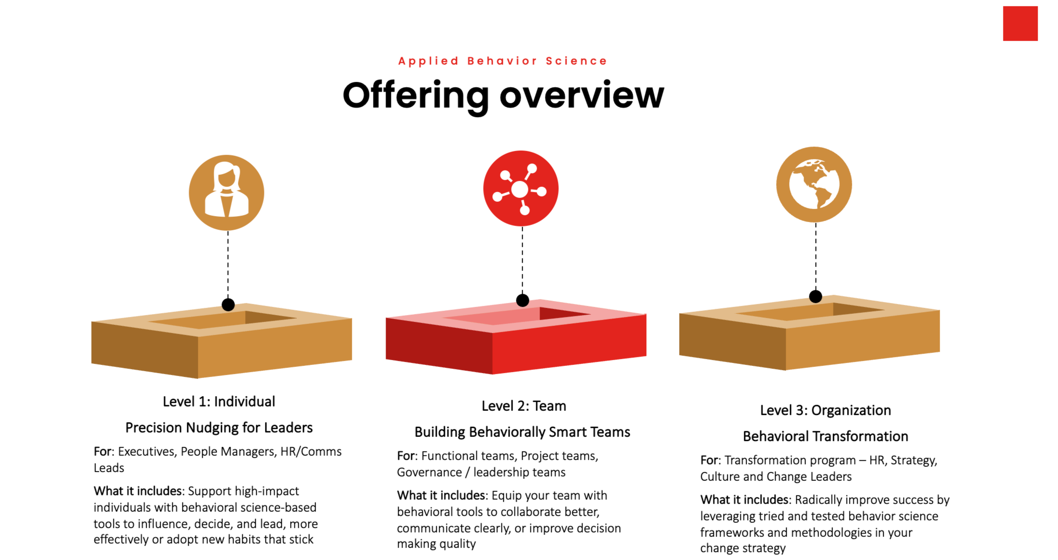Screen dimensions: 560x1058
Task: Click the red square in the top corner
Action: pos(1020,24)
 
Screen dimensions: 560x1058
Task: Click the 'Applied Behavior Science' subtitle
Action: pos(502,61)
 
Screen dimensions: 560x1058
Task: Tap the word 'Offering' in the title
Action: pos(416,95)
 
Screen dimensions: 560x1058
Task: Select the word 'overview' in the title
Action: pos(582,95)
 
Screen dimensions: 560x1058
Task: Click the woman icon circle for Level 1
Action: pos(226,192)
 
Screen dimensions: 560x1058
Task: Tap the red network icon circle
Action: pos(521,188)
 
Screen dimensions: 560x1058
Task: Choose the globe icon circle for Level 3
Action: pos(814,184)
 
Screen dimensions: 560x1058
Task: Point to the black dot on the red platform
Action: pos(522,300)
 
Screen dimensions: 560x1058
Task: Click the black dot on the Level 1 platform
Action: pos(228,305)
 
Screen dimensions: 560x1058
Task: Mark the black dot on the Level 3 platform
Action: pos(816,296)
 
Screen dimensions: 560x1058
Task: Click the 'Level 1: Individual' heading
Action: pos(219,402)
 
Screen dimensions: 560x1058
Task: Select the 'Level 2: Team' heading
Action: pos(524,406)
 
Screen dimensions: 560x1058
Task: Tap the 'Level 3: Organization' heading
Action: pos(825,410)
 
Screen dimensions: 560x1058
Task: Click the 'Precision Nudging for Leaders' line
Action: pos(219,428)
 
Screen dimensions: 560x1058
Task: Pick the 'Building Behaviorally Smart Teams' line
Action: pos(522,432)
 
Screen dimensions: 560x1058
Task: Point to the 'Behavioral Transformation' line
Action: pos(825,436)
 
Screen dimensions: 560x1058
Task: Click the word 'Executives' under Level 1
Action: pos(147,452)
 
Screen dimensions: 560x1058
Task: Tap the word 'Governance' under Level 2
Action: pos(429,473)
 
